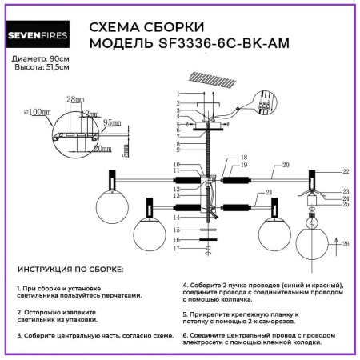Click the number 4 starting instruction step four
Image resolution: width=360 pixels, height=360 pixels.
click(185, 286)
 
